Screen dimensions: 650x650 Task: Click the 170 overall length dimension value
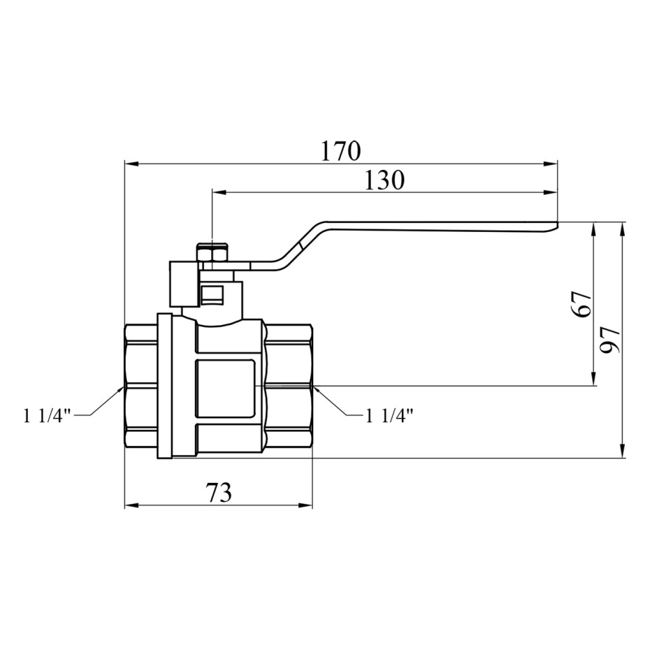pos(341,151)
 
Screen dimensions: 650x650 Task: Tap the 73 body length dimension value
pos(219,493)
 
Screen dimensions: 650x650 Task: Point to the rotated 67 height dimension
pos(582,303)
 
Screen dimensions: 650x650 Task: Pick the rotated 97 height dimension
pos(609,339)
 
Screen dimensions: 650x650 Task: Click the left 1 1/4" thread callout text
pos(48,416)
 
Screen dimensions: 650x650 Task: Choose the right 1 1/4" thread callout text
pos(389,415)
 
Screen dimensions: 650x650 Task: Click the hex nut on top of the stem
pos(212,253)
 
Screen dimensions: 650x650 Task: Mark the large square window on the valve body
pos(224,389)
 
